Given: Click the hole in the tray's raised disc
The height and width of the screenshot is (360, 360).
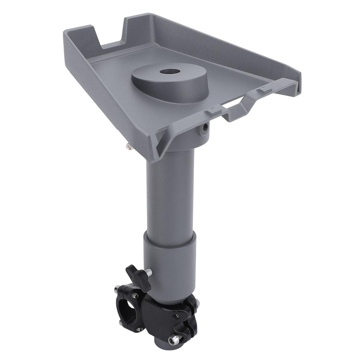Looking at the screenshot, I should [169, 72].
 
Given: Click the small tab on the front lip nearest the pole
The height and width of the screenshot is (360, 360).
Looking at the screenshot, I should [213, 112].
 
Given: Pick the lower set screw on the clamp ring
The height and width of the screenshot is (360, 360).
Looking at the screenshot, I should [139, 329].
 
